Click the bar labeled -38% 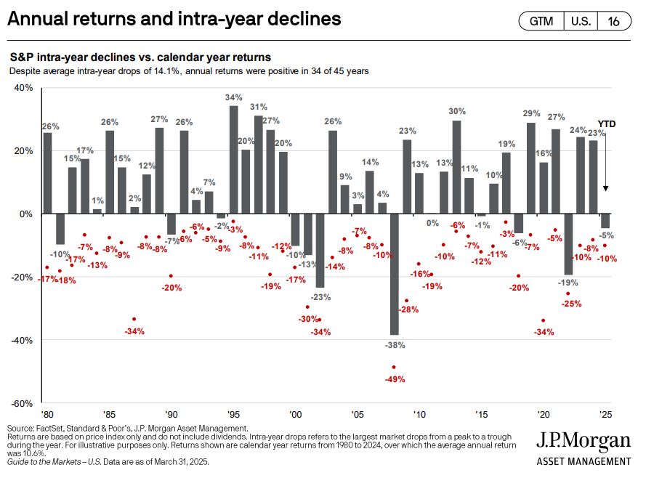click(x=394, y=274)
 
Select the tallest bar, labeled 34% click(x=233, y=160)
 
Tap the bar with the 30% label click(x=456, y=167)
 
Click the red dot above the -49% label click(x=394, y=367)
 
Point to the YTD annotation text click(x=606, y=124)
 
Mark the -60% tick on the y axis click(x=22, y=403)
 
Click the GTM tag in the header click(x=541, y=21)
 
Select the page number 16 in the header click(x=614, y=21)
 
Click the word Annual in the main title click(x=36, y=18)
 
